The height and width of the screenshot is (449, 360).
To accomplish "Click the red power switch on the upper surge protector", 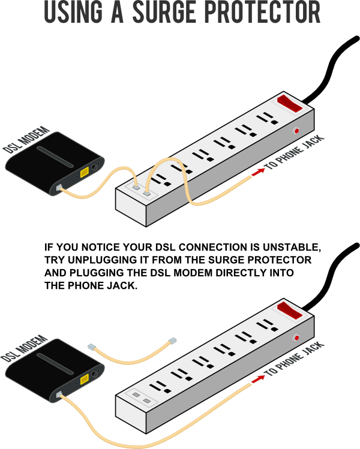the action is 289,104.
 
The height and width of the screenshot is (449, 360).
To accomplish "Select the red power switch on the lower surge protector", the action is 289,311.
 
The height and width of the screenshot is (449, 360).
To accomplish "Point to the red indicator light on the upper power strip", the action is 296,131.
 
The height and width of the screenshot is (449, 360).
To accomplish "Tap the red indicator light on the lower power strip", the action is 296,337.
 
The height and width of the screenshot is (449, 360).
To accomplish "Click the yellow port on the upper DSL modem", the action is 85,173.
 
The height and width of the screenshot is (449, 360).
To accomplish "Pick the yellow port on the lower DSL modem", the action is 85,379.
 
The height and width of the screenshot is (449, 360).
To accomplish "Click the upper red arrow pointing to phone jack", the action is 258,172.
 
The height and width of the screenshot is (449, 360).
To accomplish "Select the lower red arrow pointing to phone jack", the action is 258,379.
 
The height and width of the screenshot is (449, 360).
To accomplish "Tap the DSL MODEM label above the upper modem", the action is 26,140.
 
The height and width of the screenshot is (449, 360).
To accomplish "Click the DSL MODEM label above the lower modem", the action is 24,348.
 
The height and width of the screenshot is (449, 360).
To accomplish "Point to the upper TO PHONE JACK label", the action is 295,152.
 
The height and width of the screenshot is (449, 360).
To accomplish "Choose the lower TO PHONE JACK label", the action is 295,359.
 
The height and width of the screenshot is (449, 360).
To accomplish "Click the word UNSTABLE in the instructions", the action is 292,247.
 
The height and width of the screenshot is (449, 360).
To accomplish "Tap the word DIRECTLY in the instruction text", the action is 241,273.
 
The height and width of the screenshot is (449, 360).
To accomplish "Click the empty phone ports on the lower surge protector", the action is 142,398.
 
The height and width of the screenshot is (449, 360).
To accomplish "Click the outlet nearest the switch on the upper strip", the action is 267,118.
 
